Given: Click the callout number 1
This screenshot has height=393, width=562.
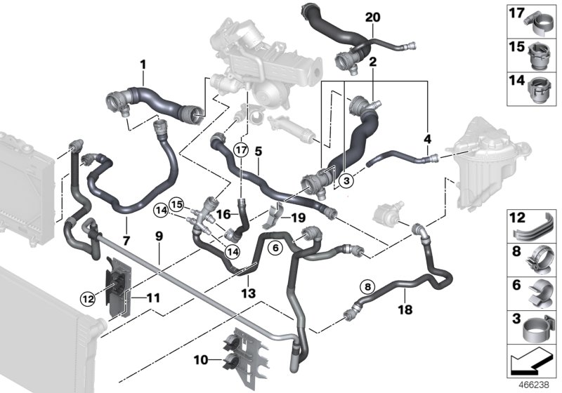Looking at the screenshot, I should [143, 65].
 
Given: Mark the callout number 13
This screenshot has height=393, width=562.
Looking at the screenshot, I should [250, 291].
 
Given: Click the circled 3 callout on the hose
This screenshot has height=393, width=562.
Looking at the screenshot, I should [345, 180].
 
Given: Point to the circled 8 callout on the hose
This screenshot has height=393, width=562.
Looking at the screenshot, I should [366, 286].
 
